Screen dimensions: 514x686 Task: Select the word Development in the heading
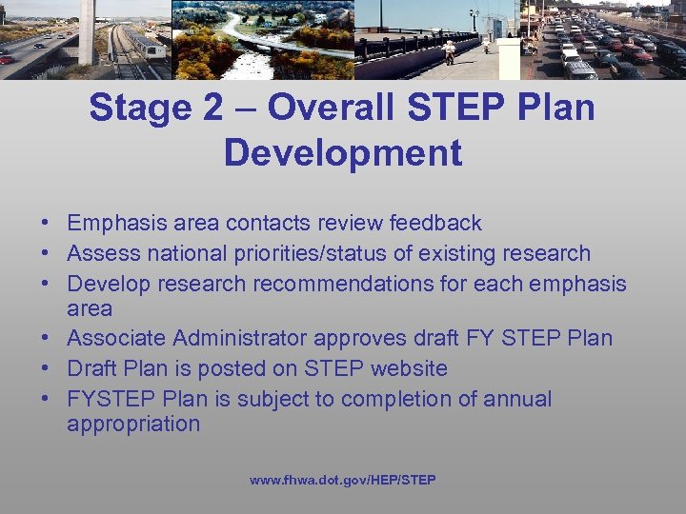(343, 152)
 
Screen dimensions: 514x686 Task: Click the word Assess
(99, 253)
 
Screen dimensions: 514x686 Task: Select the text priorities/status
(294, 253)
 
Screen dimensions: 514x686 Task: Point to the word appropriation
(133, 424)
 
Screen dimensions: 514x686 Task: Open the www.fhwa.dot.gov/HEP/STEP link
(343, 481)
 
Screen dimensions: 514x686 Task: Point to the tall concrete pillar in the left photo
(87, 29)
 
